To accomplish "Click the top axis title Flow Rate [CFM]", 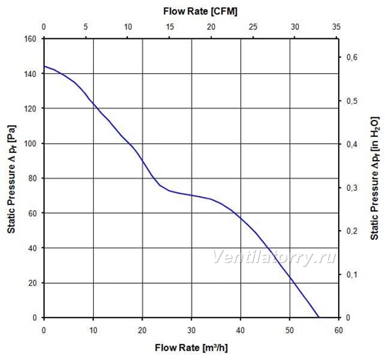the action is (x=200, y=12).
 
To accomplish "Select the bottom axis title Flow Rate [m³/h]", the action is (x=191, y=348).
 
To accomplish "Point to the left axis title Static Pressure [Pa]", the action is (x=12, y=179).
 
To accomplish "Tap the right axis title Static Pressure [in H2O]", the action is (x=374, y=178).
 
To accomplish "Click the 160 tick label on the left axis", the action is (x=30, y=39).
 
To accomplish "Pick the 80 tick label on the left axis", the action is (x=32, y=178).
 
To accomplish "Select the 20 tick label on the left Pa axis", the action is (x=32, y=283).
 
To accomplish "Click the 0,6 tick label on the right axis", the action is (x=352, y=57).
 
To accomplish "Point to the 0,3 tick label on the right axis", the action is (x=352, y=188).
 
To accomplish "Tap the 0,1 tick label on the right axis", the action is (x=352, y=275).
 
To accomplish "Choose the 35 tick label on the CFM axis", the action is (x=336, y=27).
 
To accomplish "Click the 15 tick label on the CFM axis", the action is (x=169, y=27).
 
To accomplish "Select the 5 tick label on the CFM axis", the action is (x=85, y=27).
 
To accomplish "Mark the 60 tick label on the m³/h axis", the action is (x=339, y=330).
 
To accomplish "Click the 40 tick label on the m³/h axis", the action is (x=240, y=330).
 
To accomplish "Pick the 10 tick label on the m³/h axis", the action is (x=93, y=330).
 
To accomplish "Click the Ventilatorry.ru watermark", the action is (x=274, y=256).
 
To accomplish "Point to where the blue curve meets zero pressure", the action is (x=319, y=318).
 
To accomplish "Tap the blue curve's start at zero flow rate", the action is (x=44, y=66).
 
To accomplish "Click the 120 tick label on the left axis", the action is (x=30, y=108).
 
